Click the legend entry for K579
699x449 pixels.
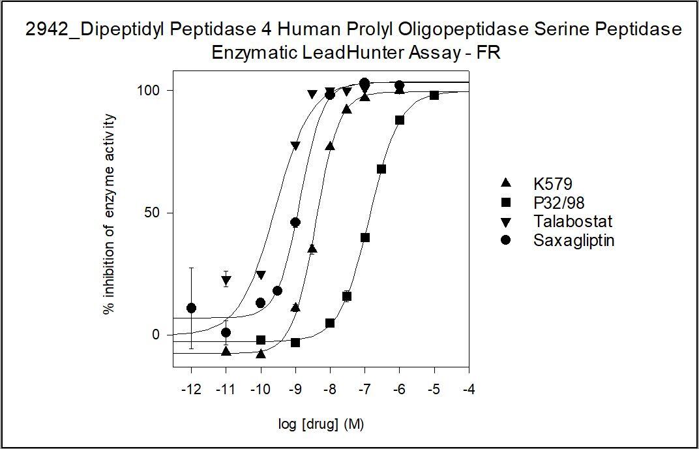coord(537,183)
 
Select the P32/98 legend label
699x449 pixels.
coord(543,202)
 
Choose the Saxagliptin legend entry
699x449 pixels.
coord(558,241)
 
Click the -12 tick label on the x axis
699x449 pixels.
coord(191,390)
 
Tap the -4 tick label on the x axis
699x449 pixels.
coord(469,390)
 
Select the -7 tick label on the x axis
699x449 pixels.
coord(364,390)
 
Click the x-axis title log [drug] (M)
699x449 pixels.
coord(320,425)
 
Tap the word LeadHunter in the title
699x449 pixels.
coord(339,54)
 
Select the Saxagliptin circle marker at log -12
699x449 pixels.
coord(191,308)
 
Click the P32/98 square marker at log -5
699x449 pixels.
coord(434,95)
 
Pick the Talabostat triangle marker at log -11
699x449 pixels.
coord(226,281)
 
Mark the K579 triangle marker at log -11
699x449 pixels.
coord(226,351)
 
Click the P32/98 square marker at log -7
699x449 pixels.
coord(365,238)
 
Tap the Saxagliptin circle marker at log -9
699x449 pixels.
coord(295,223)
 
